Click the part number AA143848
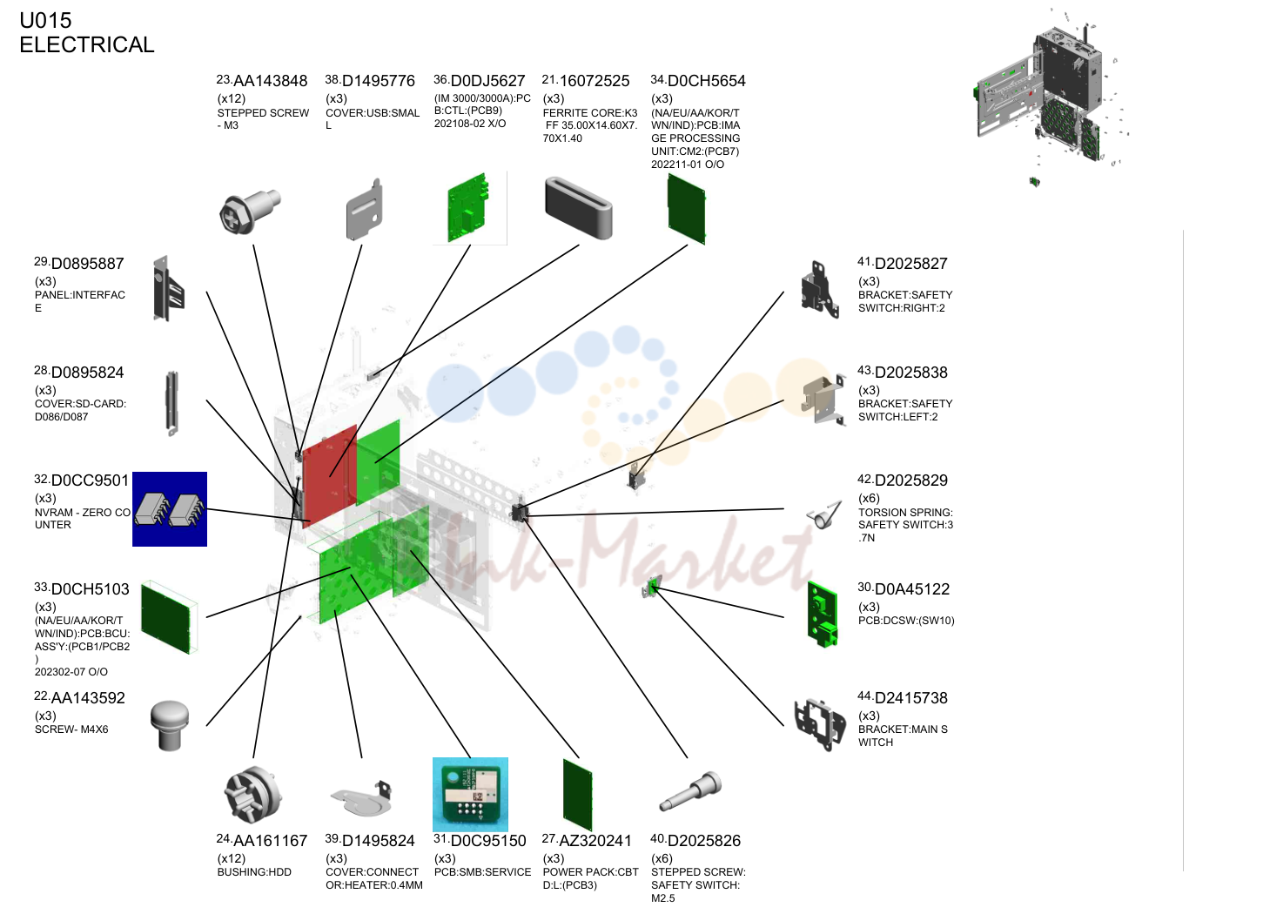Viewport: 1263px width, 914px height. [x=270, y=81]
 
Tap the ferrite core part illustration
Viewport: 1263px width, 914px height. [x=579, y=207]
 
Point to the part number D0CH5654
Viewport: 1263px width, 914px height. [x=706, y=81]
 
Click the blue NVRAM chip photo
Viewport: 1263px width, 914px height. [x=170, y=509]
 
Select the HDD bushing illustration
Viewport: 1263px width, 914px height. [x=253, y=795]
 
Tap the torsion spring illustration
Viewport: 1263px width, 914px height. [x=824, y=514]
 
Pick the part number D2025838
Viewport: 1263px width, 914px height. [x=910, y=373]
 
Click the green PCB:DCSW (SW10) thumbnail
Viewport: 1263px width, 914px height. [x=823, y=615]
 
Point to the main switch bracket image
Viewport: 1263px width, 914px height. [x=821, y=724]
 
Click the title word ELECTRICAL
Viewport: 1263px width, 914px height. [x=87, y=45]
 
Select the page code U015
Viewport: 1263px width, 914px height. [x=45, y=21]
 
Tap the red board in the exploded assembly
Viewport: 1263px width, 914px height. [x=329, y=475]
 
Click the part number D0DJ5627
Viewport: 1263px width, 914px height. [x=487, y=81]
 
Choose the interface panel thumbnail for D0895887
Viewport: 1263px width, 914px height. [x=169, y=288]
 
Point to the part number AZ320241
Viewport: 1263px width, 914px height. [x=595, y=841]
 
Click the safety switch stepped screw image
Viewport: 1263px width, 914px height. [x=690, y=791]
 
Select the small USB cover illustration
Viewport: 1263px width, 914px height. [x=364, y=209]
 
